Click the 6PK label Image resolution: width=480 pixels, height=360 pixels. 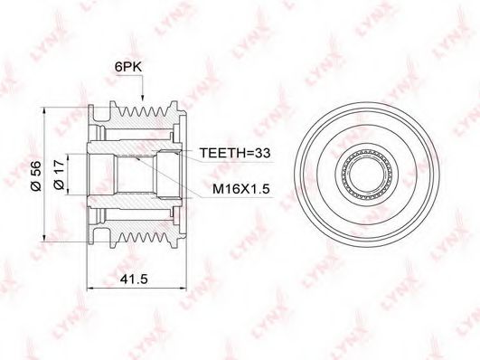point(128,67)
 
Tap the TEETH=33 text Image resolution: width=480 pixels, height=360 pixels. point(235,152)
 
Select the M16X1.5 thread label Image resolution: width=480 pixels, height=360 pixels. point(241,189)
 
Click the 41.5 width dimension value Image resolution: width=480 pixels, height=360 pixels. point(134,279)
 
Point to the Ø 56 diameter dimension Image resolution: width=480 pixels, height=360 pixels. point(35,176)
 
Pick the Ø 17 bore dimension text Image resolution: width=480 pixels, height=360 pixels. point(59,175)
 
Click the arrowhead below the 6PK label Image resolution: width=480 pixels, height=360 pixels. point(142,97)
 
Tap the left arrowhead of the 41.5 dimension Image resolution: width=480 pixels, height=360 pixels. point(91,288)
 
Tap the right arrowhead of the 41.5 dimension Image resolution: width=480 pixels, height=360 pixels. point(183,288)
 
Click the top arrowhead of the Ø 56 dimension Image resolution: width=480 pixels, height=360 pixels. point(44,111)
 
